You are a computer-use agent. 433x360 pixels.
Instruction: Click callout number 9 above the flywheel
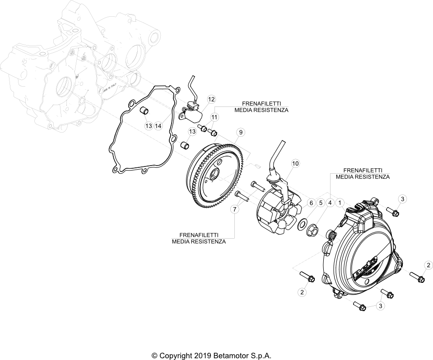pyautogui.click(x=241, y=132)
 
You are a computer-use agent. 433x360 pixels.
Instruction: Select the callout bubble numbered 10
pyautogui.click(x=295, y=163)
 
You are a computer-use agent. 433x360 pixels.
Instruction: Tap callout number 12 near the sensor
pyautogui.click(x=211, y=99)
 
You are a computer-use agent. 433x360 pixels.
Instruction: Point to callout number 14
pyautogui.click(x=158, y=126)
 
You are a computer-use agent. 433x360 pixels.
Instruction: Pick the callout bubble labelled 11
pyautogui.click(x=214, y=117)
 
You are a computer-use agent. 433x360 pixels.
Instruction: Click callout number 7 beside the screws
pyautogui.click(x=235, y=209)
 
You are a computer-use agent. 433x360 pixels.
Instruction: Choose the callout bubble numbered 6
pyautogui.click(x=311, y=203)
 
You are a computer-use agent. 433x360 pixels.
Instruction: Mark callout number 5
pyautogui.click(x=321, y=203)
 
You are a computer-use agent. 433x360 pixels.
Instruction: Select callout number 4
pyautogui.click(x=330, y=203)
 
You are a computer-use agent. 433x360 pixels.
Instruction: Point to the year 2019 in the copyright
pyautogui.click(x=198, y=355)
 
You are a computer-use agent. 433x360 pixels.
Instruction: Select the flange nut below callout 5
pyautogui.click(x=312, y=231)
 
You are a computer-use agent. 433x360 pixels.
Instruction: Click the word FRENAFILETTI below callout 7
pyautogui.click(x=199, y=235)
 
